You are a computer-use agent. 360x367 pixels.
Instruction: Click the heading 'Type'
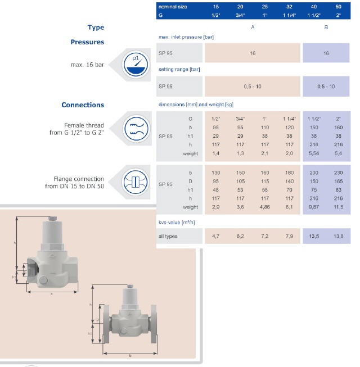pyautogui.click(x=96, y=28)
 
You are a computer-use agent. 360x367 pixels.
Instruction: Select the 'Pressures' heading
pyautogui.click(x=87, y=42)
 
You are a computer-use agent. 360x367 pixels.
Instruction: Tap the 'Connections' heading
pyautogui.click(x=83, y=105)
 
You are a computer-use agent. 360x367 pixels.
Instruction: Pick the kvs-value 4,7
pyautogui.click(x=215, y=236)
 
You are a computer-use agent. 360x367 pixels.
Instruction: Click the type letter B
pyautogui.click(x=326, y=27)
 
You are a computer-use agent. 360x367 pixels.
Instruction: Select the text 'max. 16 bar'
pyautogui.click(x=91, y=65)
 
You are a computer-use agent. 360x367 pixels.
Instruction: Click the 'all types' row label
pyautogui.click(x=168, y=236)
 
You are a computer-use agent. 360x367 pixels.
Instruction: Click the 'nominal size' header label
pyautogui.click(x=173, y=6)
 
